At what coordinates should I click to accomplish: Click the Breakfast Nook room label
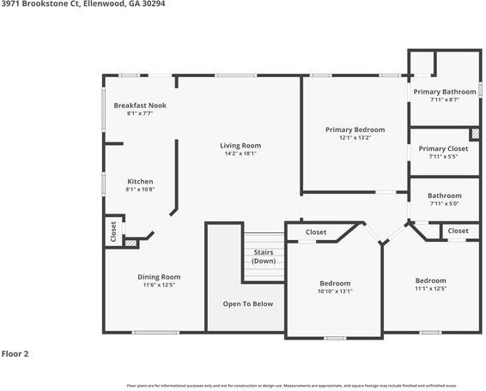140,105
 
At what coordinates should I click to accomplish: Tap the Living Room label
240,146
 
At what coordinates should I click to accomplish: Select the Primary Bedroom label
354,129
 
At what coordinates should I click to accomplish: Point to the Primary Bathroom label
444,92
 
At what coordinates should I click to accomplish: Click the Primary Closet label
444,148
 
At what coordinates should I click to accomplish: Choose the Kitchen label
140,182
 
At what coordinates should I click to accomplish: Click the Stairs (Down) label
264,256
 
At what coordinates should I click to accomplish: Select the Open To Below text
248,304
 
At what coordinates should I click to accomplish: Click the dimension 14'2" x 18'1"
240,154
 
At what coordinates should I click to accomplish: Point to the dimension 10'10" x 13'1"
335,292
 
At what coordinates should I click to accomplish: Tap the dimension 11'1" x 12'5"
430,289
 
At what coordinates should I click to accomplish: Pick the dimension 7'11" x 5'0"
444,204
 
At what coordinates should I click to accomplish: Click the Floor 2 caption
16,353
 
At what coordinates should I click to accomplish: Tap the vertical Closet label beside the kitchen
113,232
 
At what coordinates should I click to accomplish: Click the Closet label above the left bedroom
316,232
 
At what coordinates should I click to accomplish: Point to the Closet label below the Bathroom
458,231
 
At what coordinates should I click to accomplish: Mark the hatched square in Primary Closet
474,134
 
